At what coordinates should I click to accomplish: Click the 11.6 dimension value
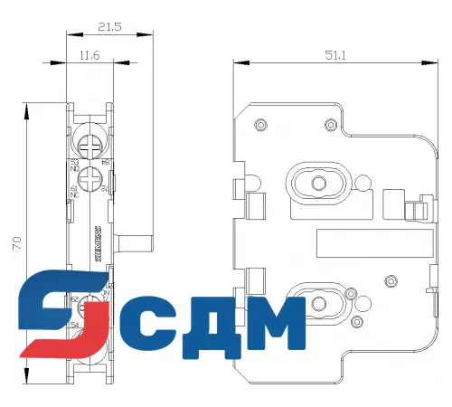[x=89, y=56]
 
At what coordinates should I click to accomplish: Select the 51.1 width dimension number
[x=336, y=56]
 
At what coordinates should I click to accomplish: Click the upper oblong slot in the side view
[x=317, y=182]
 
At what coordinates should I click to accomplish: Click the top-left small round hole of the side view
[x=260, y=124]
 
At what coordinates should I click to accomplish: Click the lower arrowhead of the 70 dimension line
[x=28, y=379]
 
